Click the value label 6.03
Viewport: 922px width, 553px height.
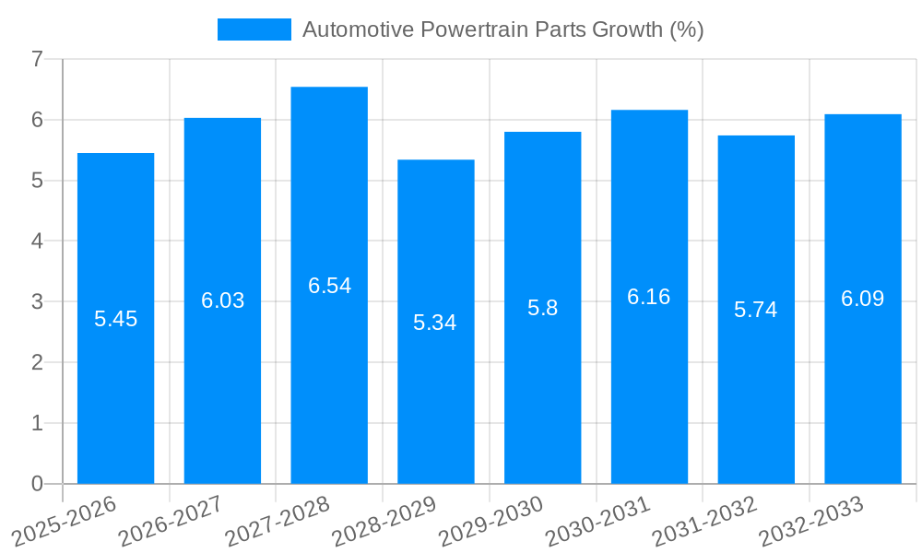click(x=222, y=300)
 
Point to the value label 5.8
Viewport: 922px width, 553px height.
click(x=542, y=308)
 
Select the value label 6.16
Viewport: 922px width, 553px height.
click(x=649, y=297)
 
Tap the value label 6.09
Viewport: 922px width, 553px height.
click(x=862, y=299)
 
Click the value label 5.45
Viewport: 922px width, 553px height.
click(x=115, y=319)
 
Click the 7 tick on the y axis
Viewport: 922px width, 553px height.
click(x=37, y=59)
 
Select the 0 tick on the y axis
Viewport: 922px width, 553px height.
click(x=37, y=484)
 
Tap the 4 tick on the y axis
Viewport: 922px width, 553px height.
click(x=37, y=241)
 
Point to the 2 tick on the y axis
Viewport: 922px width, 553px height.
click(x=37, y=362)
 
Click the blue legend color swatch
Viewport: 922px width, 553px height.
click(x=254, y=29)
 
